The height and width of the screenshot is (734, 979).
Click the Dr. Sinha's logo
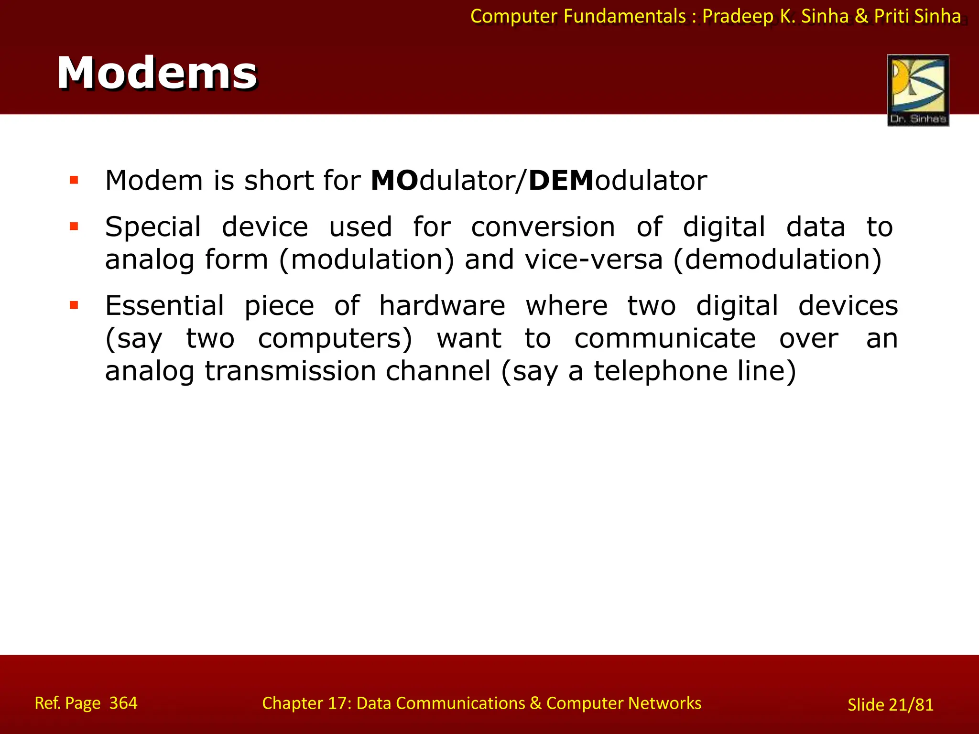(918, 90)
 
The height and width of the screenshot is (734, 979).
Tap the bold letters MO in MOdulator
(394, 181)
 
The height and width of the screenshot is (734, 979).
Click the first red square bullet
(74, 180)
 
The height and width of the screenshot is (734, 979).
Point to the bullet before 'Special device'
(74, 226)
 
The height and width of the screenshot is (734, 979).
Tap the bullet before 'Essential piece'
(74, 305)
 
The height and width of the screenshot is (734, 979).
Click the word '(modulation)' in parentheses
(366, 260)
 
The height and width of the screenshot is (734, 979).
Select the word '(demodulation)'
(777, 260)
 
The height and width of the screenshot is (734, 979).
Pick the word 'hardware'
(442, 306)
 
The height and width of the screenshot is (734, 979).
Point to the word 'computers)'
(335, 339)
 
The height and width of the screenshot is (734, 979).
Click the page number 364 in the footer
(123, 703)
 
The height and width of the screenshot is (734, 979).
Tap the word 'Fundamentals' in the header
(625, 17)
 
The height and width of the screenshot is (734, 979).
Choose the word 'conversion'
(543, 227)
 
